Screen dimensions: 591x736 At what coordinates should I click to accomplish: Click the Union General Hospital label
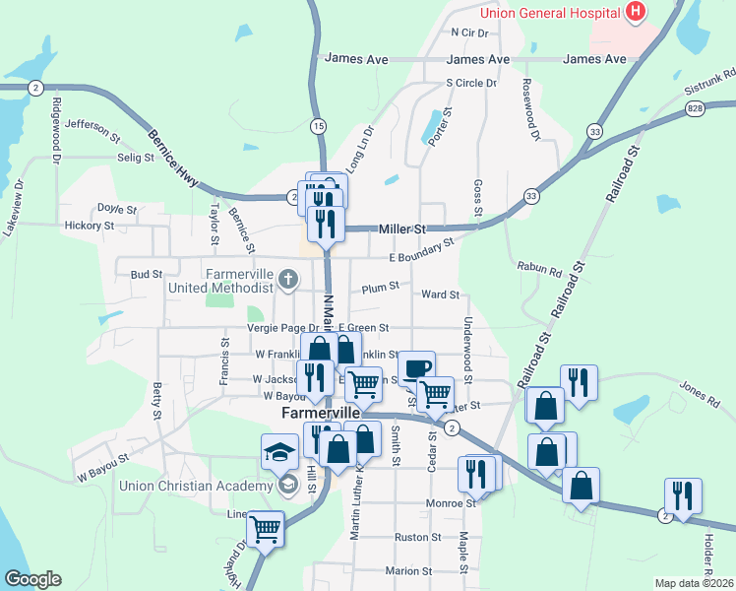[x=549, y=12]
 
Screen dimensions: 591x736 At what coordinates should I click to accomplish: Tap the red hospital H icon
[x=636, y=12]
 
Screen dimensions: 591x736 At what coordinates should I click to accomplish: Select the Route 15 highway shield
[x=318, y=125]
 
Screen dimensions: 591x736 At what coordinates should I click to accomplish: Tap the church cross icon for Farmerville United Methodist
[x=288, y=278]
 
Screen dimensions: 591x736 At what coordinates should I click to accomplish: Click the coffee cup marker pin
[x=416, y=367]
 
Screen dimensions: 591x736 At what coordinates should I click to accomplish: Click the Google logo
[x=32, y=579]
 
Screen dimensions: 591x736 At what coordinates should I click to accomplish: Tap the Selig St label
[x=136, y=157]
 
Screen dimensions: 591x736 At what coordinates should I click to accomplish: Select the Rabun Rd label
[x=538, y=266]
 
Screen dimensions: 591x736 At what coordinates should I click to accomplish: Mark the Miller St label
[x=402, y=229]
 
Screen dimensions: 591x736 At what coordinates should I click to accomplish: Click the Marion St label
[x=408, y=570]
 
